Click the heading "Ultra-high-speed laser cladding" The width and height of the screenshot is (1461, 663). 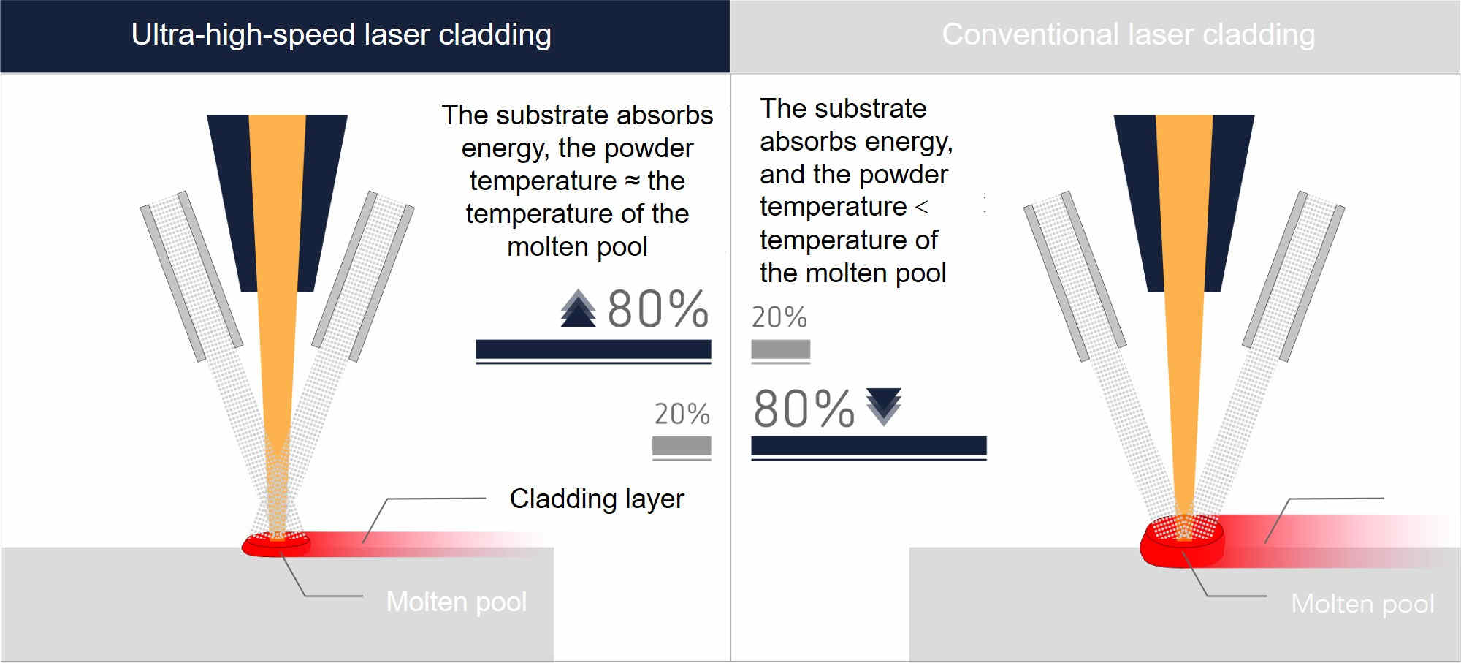tap(341, 35)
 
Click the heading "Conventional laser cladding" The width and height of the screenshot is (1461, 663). tap(1129, 35)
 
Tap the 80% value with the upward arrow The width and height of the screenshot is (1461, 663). tap(657, 308)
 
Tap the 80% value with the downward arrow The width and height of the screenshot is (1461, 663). tap(804, 408)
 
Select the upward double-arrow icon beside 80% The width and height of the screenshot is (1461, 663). tap(578, 308)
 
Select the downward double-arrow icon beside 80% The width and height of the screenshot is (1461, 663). tap(884, 406)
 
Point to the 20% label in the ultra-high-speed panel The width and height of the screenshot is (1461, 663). tap(682, 414)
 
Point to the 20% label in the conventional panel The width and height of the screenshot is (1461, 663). tap(779, 317)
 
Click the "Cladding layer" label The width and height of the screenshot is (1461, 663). tap(597, 499)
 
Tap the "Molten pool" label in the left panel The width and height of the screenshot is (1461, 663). tap(457, 602)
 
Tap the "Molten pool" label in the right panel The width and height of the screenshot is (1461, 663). tap(1362, 604)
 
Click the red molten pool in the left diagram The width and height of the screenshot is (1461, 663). tap(276, 545)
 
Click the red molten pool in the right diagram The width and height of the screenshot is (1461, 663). tap(1182, 542)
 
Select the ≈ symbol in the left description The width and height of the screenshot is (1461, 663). tap(633, 181)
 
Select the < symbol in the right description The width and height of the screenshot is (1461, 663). tap(922, 208)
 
